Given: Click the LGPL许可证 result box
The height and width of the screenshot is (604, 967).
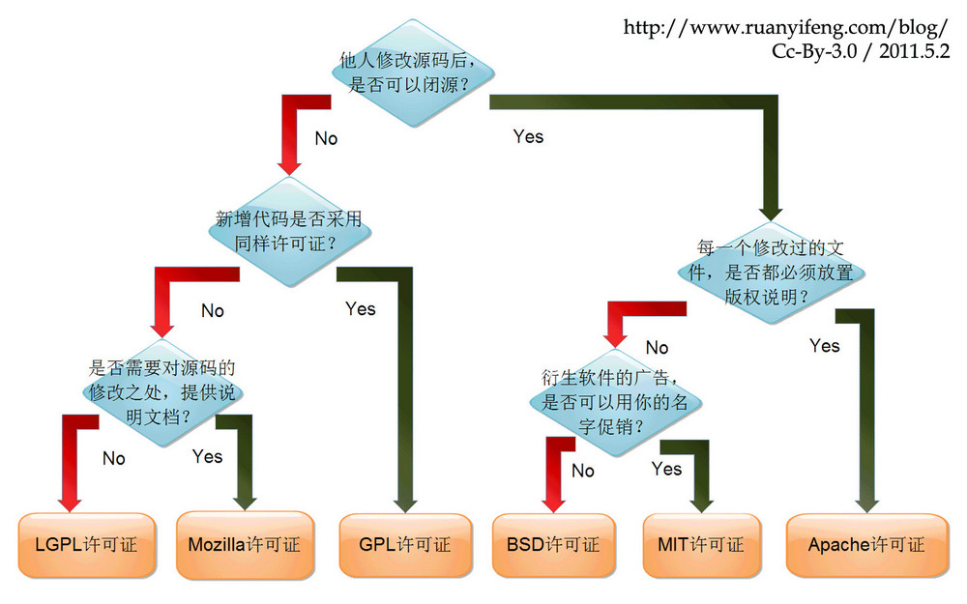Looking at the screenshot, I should pyautogui.click(x=86, y=544).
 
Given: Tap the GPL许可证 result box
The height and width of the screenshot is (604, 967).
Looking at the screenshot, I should pyautogui.click(x=406, y=544).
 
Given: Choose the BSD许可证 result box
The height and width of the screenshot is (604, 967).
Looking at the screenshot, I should pyautogui.click(x=552, y=544).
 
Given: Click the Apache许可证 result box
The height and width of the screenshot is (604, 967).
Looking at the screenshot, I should pyautogui.click(x=865, y=544).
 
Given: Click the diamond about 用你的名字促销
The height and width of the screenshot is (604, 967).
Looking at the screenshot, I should pyautogui.click(x=616, y=400).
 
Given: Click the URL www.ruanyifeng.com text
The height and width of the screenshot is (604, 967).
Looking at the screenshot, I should pyautogui.click(x=786, y=28).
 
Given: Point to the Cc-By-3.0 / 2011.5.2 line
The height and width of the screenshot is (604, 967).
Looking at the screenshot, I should pyautogui.click(x=861, y=50).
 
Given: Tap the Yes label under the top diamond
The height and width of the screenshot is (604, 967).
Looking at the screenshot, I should pyautogui.click(x=528, y=136).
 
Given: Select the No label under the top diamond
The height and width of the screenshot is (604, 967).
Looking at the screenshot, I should pyautogui.click(x=326, y=138).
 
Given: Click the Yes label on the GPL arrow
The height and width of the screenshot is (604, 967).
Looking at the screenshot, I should pyautogui.click(x=360, y=308).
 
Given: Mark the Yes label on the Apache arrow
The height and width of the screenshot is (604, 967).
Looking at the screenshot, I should pyautogui.click(x=824, y=345).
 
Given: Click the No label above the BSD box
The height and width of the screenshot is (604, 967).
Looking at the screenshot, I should pyautogui.click(x=583, y=471).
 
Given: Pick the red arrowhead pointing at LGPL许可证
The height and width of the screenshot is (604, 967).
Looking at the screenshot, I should pyautogui.click(x=69, y=498).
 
